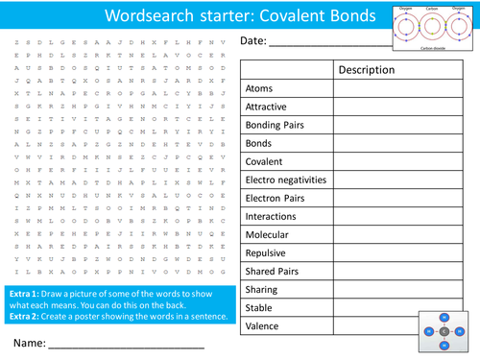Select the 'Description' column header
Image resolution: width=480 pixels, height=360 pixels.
click(366, 70)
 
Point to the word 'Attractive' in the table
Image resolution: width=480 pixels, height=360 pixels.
click(266, 107)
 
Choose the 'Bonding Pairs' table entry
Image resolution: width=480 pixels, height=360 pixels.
click(274, 125)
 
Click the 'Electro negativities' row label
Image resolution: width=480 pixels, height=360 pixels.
click(286, 180)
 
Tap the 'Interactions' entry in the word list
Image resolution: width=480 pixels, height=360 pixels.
click(272, 216)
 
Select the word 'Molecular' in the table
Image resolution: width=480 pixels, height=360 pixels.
click(267, 234)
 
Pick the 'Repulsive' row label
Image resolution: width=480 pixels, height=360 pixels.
click(266, 252)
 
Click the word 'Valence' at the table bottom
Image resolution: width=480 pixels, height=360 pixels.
click(262, 326)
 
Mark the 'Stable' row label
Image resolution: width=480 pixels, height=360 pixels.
click(259, 308)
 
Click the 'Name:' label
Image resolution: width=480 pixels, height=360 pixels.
click(30, 343)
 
